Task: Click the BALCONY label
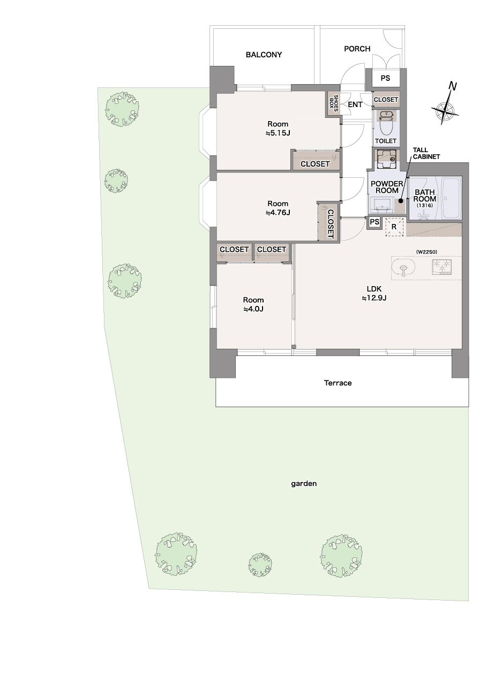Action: point(264,55)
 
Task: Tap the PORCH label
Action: point(357,49)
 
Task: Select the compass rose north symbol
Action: point(446,104)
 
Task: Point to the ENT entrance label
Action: point(355,104)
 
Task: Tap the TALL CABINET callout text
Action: point(426,153)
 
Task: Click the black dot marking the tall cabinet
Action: point(401,201)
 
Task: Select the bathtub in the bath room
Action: point(452,198)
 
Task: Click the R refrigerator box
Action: point(394,227)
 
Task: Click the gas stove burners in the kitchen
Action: point(441,267)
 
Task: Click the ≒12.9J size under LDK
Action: point(374,298)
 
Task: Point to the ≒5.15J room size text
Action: point(278,133)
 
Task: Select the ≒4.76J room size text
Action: point(278,213)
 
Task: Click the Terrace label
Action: point(338,383)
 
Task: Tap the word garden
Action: point(304,484)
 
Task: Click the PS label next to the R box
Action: point(374,222)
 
